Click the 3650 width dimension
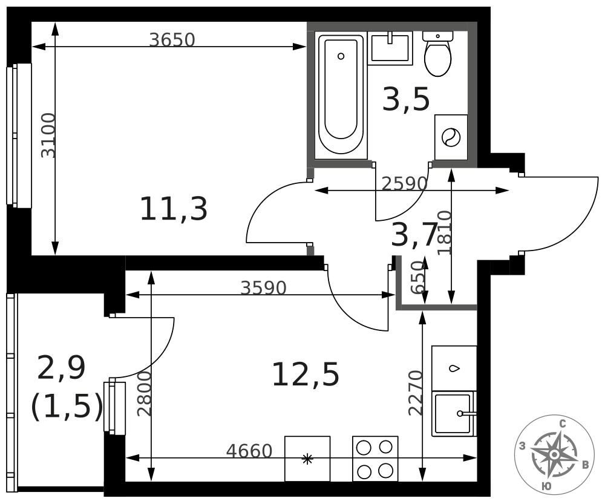click(x=172, y=40)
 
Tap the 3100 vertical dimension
click(x=48, y=135)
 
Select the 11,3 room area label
click(x=174, y=209)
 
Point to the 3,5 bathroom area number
click(x=405, y=99)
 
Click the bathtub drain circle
click(x=341, y=56)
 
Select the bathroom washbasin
click(x=390, y=48)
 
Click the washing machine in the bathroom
click(x=451, y=137)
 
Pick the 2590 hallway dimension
click(x=404, y=184)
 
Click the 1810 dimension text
click(x=445, y=232)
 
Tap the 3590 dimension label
click(x=264, y=288)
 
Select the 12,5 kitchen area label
click(x=306, y=375)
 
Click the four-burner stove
click(x=375, y=459)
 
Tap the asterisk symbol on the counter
click(x=307, y=459)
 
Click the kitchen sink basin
click(x=453, y=414)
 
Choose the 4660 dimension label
click(x=249, y=451)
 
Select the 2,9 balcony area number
click(x=62, y=368)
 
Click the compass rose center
click(x=554, y=454)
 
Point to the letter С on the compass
click(x=563, y=424)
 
